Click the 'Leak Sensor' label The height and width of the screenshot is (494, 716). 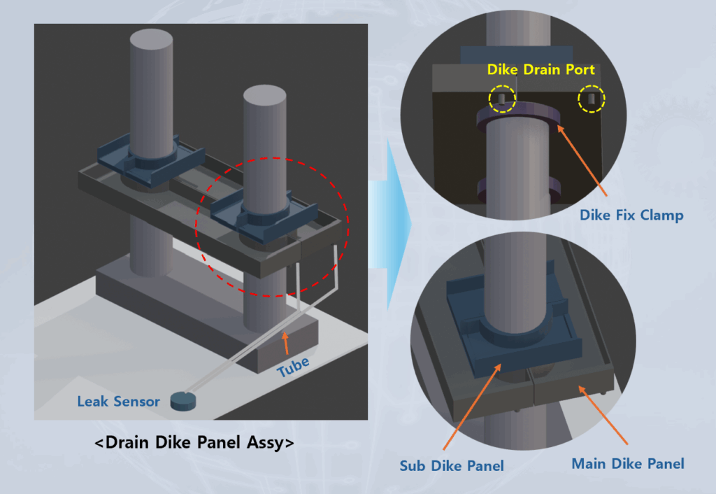pos(118,402)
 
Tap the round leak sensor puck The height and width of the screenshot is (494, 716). pos(183,400)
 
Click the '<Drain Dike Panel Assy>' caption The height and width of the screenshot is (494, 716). pos(194,443)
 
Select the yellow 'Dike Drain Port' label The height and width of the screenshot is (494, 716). pos(541,70)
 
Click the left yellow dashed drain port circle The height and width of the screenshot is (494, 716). pos(502,99)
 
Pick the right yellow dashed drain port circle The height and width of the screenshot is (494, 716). pos(591,99)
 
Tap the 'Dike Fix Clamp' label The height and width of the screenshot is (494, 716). pos(631,215)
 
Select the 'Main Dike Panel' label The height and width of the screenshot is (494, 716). pos(628,463)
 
